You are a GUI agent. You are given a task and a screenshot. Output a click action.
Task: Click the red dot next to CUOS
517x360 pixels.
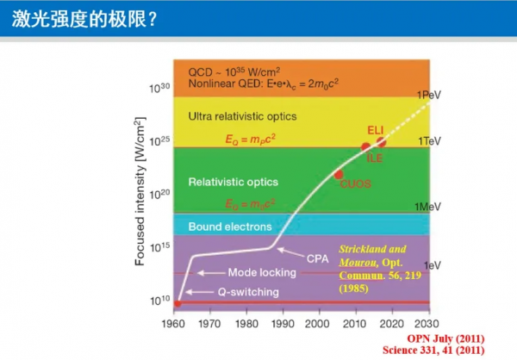339,174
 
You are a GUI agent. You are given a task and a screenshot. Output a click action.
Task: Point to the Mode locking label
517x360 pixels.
261,273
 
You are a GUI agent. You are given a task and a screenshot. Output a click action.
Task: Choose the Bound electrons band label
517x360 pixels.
230,226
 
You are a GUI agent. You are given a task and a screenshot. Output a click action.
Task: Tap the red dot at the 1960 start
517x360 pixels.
178,303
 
